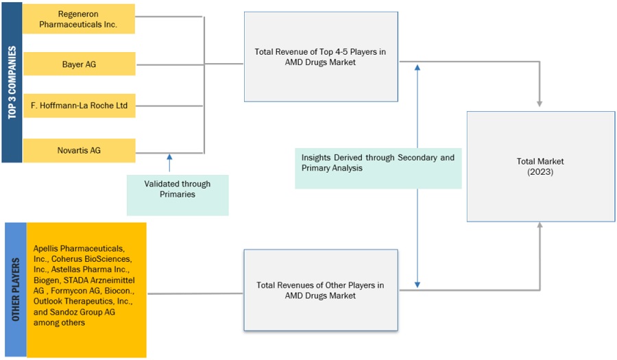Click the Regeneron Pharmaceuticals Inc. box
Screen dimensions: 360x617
click(79, 19)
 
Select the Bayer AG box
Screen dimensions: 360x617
click(79, 64)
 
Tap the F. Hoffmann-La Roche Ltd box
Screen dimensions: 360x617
click(79, 106)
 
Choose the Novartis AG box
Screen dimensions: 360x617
click(79, 150)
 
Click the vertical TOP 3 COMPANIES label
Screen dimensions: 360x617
click(12, 82)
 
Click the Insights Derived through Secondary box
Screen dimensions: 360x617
click(378, 163)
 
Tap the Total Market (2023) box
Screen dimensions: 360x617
click(540, 167)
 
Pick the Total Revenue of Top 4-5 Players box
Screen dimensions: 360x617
click(321, 56)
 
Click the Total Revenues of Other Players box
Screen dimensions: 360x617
click(320, 290)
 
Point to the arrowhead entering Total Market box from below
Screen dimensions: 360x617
click(540, 226)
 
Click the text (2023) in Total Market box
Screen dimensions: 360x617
click(540, 172)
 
